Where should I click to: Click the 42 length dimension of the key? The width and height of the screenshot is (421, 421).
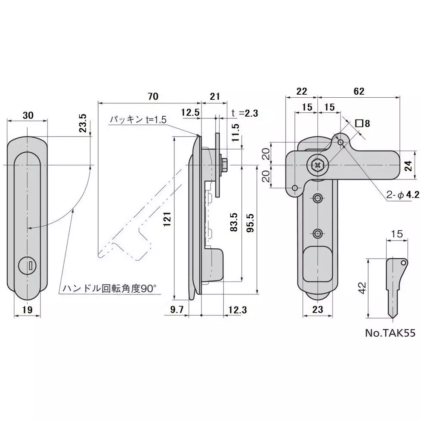coord(363,288)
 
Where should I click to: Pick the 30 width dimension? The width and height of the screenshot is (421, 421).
coord(28,115)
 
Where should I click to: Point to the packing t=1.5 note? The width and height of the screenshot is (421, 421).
coord(137,120)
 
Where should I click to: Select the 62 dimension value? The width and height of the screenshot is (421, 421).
coord(359,91)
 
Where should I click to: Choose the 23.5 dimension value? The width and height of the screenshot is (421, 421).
coord(83,123)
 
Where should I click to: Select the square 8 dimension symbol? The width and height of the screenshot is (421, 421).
coord(362,124)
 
